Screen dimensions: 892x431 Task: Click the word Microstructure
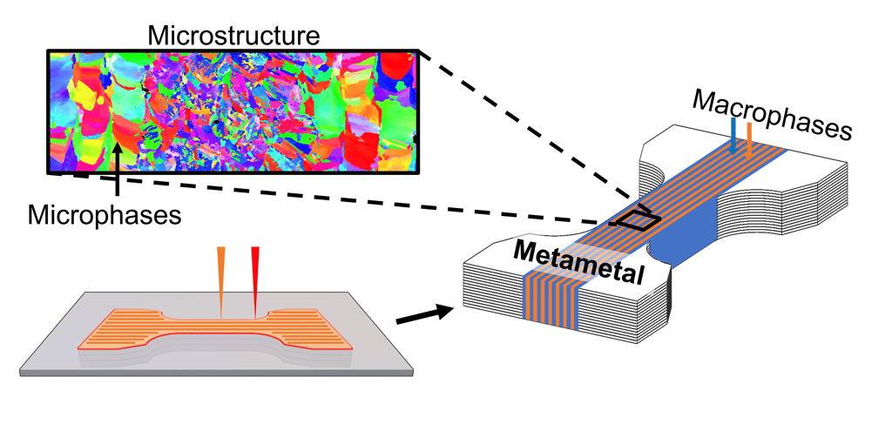point(233,37)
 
